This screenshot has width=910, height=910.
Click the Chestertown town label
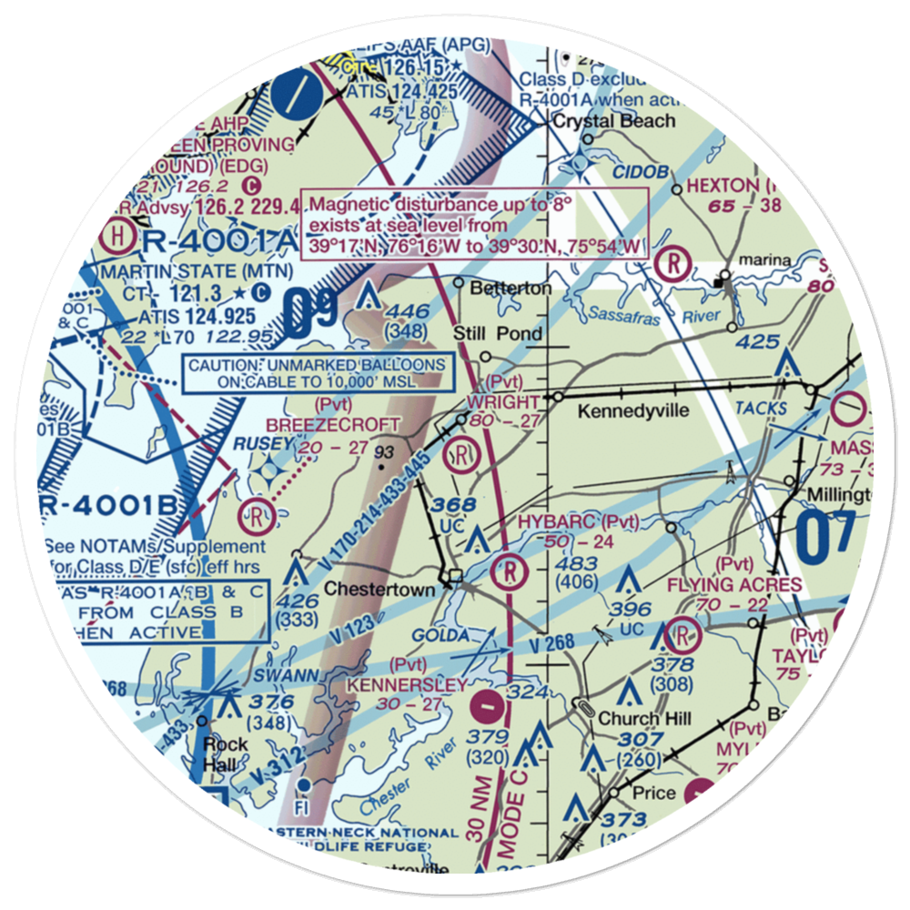point(379,590)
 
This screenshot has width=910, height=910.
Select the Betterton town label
point(511,288)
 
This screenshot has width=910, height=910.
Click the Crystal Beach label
point(615,121)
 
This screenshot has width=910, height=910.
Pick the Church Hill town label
point(644,718)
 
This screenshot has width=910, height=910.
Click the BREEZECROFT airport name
point(332,425)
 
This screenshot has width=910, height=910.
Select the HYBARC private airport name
point(559,521)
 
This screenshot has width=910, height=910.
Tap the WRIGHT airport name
point(503,402)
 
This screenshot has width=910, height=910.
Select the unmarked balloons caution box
point(317,373)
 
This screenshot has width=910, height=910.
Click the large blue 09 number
point(310,314)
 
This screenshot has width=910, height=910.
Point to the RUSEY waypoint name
point(263,443)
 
